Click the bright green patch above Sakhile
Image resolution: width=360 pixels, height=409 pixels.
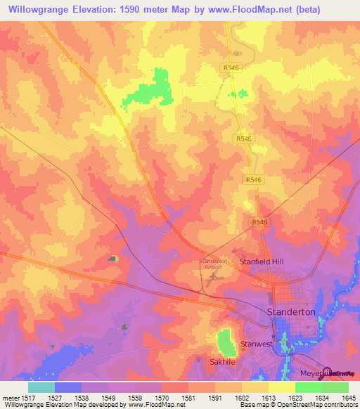(x=226, y=342)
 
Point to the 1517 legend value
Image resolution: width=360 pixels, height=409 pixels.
(x=28, y=398)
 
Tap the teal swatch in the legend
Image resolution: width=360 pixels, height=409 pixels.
(x=41, y=387)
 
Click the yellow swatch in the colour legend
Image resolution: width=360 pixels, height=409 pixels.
(x=281, y=387)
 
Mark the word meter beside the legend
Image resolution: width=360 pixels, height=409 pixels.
(x=10, y=398)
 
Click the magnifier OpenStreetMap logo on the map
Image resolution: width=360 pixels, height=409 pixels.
(x=326, y=372)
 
